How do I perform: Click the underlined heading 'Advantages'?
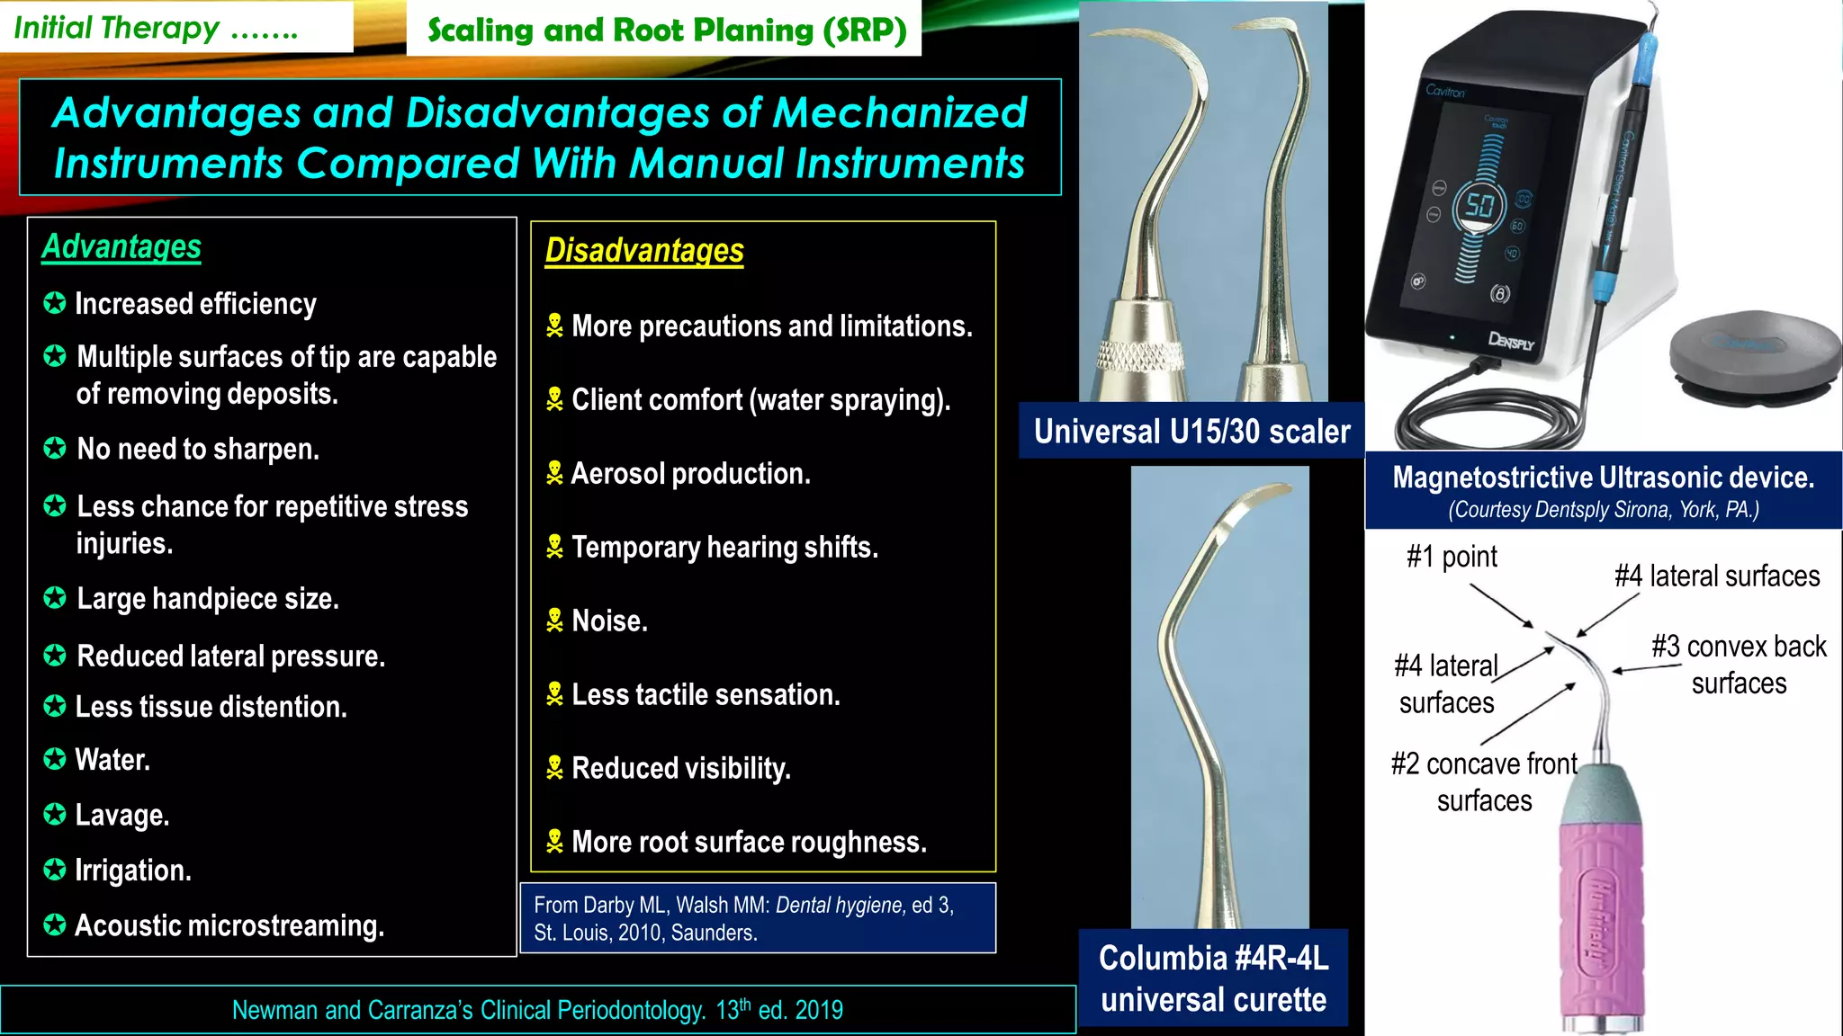121,246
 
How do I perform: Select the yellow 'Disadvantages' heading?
644,251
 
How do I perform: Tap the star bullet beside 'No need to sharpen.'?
55,448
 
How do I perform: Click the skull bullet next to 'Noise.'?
554,621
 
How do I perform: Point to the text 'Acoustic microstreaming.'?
229,925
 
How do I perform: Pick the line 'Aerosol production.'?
690,474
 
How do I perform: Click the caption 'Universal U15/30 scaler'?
1191,432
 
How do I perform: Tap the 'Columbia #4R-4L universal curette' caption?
1213,978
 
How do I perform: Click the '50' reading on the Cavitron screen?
1479,205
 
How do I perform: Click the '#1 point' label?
1452,557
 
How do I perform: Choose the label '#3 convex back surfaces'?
1739,665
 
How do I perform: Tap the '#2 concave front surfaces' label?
1484,781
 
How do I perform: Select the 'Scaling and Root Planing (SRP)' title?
666,31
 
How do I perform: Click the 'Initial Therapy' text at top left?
117,28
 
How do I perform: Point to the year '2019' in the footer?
819,1010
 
